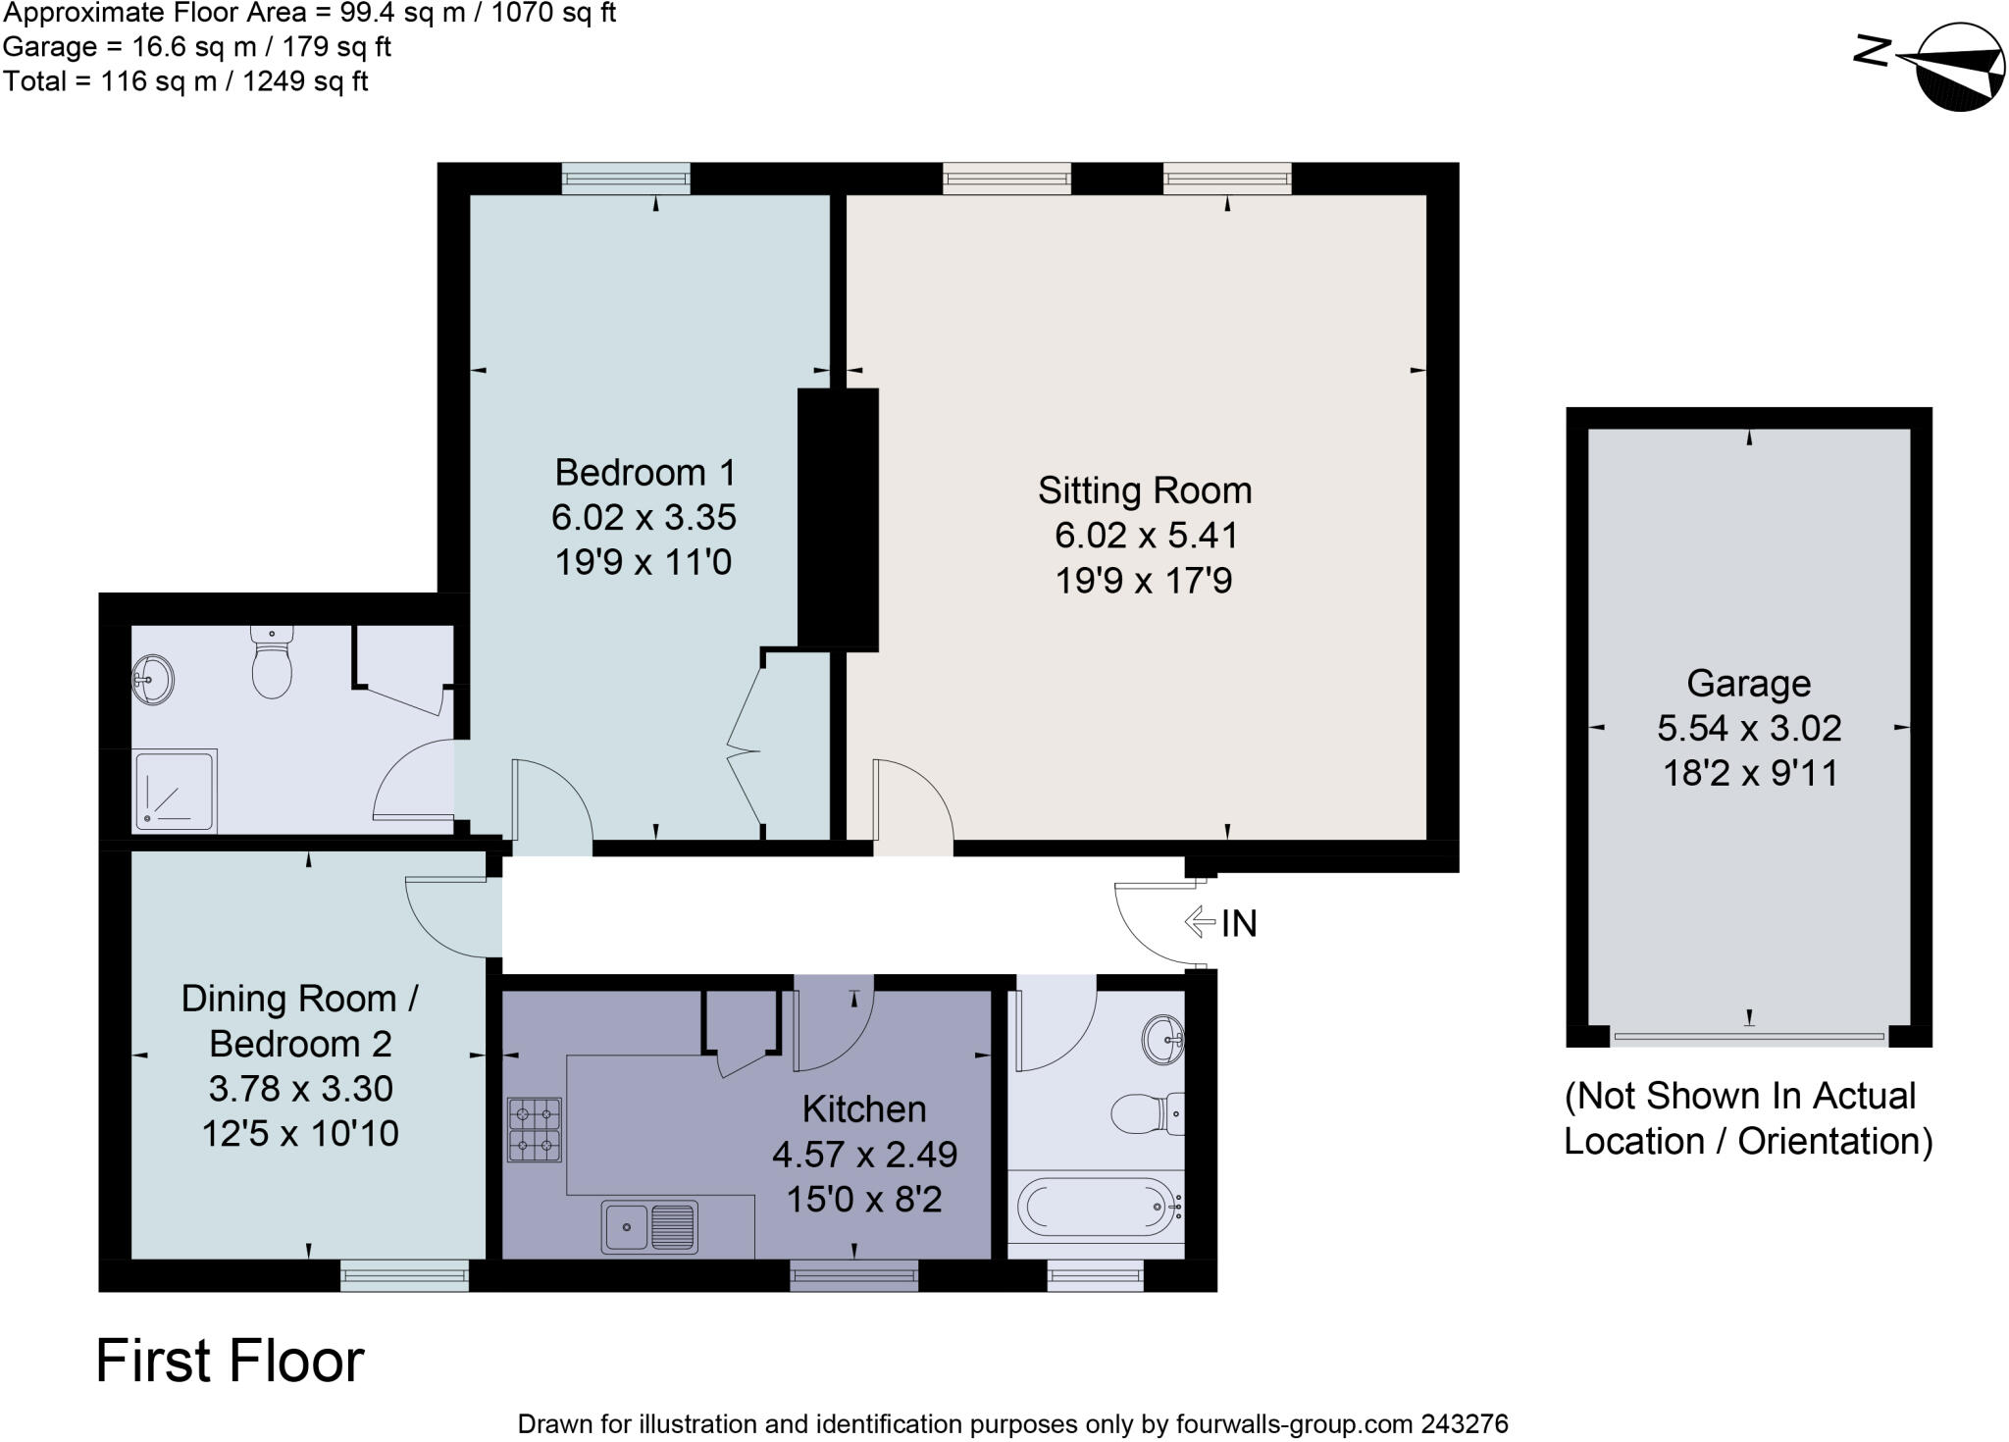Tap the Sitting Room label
tap(1145, 490)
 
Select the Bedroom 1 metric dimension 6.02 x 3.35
tap(644, 517)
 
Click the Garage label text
tap(1748, 683)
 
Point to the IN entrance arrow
tap(1201, 922)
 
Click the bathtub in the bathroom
tap(1095, 1206)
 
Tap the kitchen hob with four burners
tap(535, 1129)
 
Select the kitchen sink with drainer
tap(649, 1227)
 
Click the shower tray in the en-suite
tap(175, 790)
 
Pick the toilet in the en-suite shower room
tap(272, 662)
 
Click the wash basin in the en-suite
tap(153, 678)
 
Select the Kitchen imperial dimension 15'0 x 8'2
tap(863, 1199)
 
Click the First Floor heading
tap(230, 1362)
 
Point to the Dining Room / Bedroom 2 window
tap(404, 1275)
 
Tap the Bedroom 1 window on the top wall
tap(626, 178)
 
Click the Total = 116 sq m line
tap(185, 80)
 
